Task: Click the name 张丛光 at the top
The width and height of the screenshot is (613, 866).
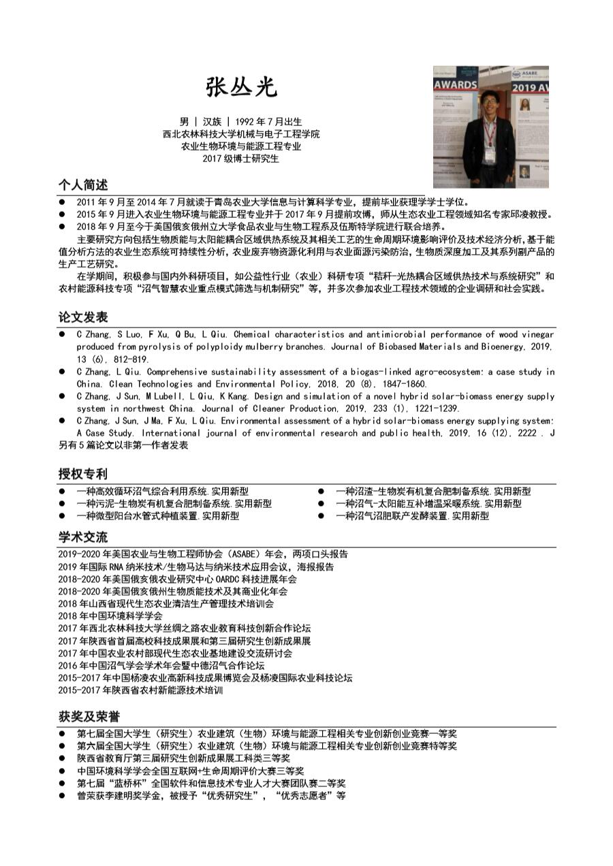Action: tap(242, 86)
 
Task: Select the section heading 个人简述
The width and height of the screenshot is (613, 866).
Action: tap(82, 185)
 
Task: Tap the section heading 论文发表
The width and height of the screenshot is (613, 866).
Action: tap(82, 317)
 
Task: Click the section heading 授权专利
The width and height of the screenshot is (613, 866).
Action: tap(82, 474)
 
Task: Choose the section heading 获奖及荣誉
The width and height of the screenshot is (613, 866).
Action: tap(89, 717)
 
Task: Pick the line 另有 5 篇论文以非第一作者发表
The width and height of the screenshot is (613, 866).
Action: tap(123, 445)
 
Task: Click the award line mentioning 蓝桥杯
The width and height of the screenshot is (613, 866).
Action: tap(211, 783)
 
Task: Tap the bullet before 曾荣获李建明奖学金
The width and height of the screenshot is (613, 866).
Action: tap(62, 795)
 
